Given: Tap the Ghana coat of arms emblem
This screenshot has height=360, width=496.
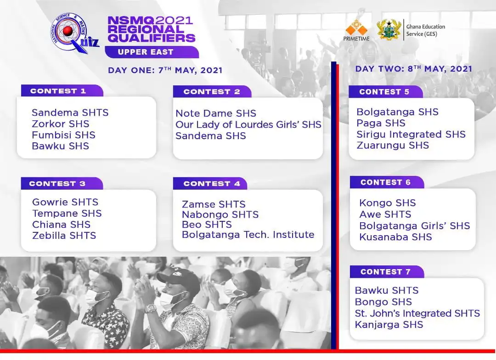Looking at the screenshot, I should [x=389, y=30].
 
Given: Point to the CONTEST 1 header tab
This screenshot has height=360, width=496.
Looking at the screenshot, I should [x=58, y=91].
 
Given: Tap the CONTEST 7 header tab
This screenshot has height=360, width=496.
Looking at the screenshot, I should [x=385, y=272].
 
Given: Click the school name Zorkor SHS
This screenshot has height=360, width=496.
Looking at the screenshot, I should [x=61, y=124].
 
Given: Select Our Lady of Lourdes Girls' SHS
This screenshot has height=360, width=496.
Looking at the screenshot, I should [x=248, y=124].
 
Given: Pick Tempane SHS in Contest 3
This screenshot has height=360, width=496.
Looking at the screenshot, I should [x=67, y=214].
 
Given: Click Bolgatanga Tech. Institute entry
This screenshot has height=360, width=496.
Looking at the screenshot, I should [x=248, y=235].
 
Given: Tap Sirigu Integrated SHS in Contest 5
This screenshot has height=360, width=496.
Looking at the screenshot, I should [x=411, y=135].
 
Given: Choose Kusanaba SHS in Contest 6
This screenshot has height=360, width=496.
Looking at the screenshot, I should [x=395, y=237].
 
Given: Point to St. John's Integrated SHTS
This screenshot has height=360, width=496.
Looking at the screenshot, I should [x=417, y=313].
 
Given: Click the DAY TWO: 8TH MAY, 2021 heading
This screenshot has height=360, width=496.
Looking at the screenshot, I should [x=414, y=69].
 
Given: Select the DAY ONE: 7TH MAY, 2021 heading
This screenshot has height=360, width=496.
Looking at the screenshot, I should [x=165, y=70].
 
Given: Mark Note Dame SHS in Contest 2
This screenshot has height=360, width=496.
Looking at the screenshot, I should [x=216, y=113].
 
